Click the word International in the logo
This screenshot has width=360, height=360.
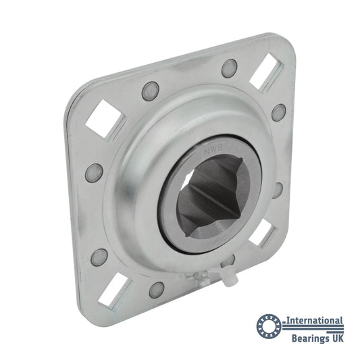[x=315, y=321]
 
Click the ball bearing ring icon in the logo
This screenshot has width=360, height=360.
[x=269, y=326]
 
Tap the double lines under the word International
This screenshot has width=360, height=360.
[x=313, y=328]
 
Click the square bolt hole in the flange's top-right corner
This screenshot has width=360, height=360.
[x=267, y=71]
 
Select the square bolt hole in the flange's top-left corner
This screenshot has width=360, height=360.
[x=105, y=119]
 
